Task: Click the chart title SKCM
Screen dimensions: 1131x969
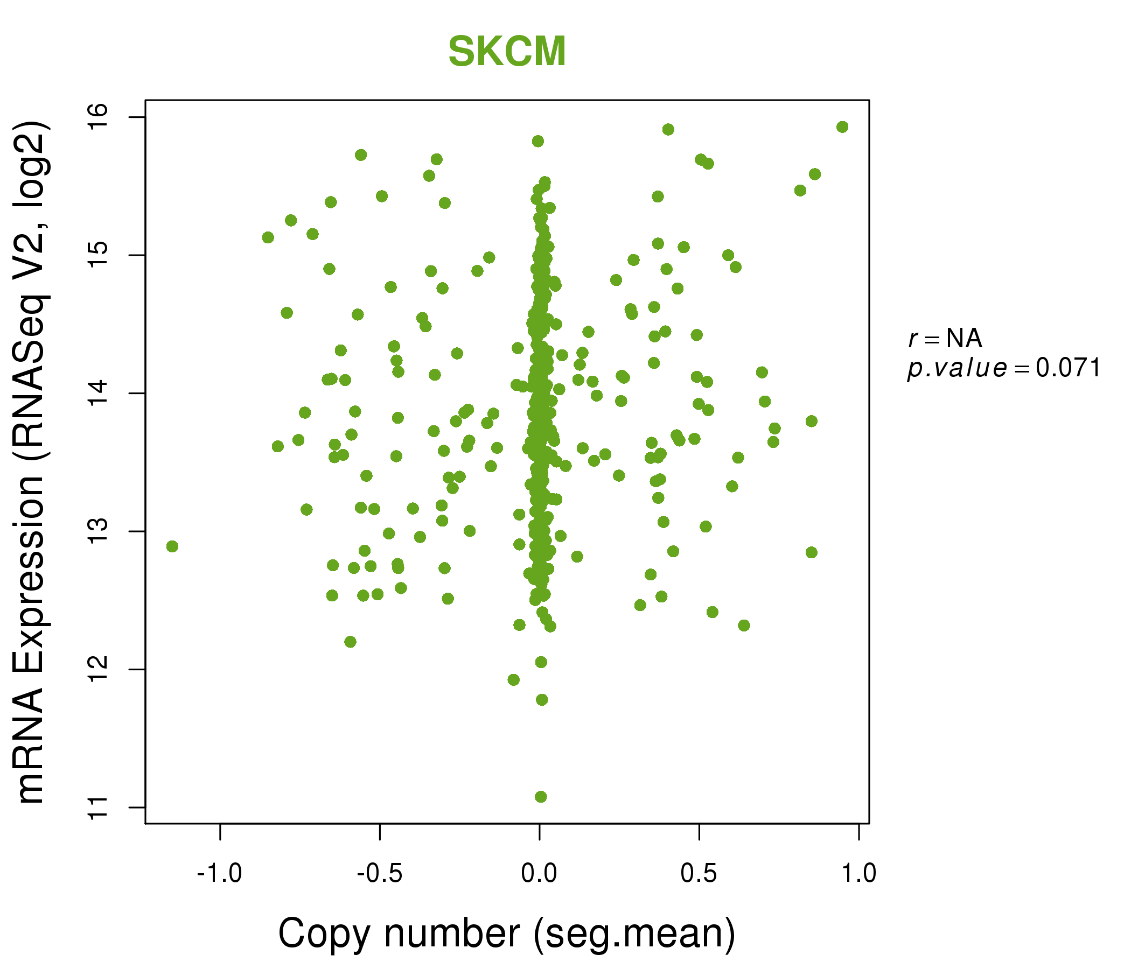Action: (x=507, y=52)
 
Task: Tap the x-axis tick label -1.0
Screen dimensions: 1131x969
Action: (x=219, y=874)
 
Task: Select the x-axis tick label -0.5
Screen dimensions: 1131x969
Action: (x=379, y=874)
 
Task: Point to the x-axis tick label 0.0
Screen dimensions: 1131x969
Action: (x=539, y=874)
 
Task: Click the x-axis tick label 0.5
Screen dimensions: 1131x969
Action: (x=699, y=874)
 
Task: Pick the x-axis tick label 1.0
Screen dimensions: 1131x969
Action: (x=858, y=874)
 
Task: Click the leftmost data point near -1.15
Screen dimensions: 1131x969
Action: (x=172, y=546)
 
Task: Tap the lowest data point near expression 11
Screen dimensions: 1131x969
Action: (x=540, y=797)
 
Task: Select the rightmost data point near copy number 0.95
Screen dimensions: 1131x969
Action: (x=842, y=127)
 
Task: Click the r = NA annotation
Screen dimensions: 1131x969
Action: (x=945, y=339)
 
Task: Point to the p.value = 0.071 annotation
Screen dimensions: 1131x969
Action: (x=1003, y=369)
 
